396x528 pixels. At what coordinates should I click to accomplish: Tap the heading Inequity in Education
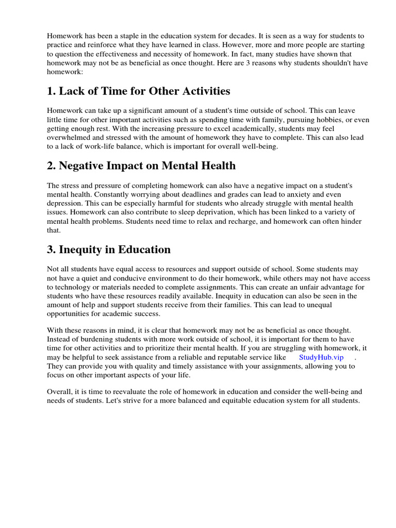(x=109, y=250)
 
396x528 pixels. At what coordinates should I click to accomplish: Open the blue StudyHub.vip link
(x=320, y=357)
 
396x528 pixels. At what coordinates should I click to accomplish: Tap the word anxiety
(x=282, y=194)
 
